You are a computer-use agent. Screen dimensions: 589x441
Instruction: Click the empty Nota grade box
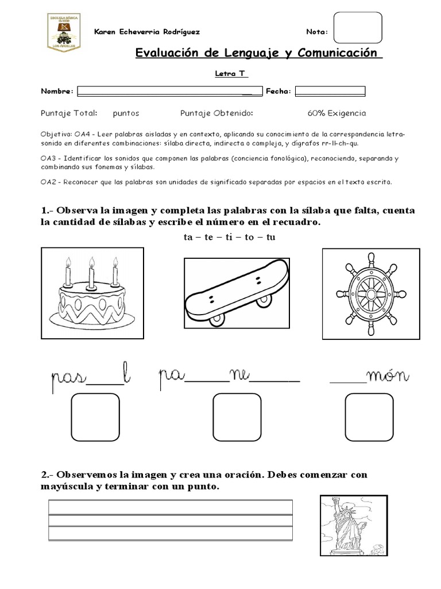pos(357,31)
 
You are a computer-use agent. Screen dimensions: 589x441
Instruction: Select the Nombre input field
pos(169,91)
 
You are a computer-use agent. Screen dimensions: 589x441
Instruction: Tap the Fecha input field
pos(330,91)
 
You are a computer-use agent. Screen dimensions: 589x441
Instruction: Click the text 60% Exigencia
pos(336,113)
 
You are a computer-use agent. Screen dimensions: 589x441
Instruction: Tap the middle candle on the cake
pos(91,271)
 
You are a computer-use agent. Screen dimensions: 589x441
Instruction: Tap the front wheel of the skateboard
pos(217,319)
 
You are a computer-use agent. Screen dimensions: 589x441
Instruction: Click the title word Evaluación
pos(171,53)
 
